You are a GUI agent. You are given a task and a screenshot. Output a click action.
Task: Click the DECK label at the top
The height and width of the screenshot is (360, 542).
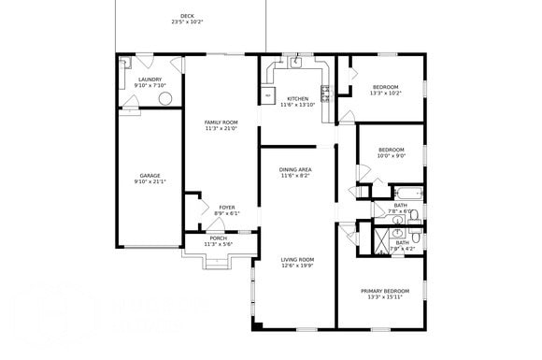click(x=187, y=16)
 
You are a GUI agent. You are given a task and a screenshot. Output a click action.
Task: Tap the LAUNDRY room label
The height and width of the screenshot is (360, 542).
click(x=150, y=79)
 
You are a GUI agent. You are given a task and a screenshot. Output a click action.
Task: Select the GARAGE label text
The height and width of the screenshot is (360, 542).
click(x=150, y=175)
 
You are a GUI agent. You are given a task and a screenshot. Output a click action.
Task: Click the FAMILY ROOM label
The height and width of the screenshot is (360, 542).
click(x=221, y=122)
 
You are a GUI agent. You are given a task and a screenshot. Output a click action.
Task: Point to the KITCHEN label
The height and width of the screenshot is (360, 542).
click(x=297, y=98)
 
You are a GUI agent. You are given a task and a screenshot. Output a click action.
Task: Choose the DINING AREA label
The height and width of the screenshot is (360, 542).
click(x=294, y=169)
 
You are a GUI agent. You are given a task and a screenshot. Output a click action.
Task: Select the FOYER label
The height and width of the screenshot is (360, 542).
click(x=226, y=207)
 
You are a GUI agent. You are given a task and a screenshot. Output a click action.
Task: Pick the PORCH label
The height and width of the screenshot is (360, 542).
click(x=217, y=238)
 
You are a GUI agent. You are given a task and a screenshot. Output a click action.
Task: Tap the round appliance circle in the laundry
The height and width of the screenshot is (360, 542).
click(x=165, y=98)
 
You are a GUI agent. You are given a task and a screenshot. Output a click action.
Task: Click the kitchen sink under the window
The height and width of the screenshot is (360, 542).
click(x=295, y=65)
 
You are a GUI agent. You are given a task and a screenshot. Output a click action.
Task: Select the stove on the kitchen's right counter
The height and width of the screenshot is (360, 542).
click(x=325, y=92)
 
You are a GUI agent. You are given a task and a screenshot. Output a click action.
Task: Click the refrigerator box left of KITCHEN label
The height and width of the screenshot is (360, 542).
click(x=267, y=94)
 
